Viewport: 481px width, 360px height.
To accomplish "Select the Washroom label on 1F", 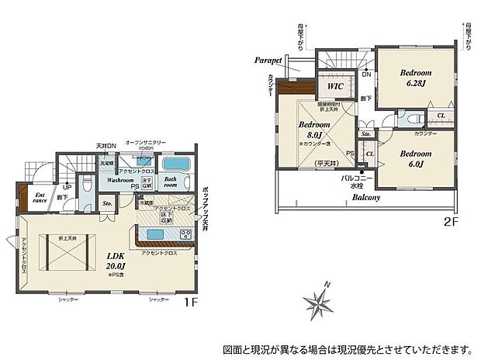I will coord(121,180).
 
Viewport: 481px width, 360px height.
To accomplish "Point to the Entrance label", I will coord(40,196).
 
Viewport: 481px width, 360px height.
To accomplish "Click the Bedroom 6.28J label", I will coord(415,78).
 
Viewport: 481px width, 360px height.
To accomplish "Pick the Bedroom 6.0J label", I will coord(415,158).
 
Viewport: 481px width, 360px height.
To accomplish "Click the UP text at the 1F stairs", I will coord(67,187).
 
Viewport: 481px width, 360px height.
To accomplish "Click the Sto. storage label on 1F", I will coord(108,203).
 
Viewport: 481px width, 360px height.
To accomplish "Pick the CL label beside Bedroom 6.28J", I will coord(440,116).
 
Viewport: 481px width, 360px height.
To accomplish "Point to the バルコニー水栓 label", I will coord(357,182).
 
